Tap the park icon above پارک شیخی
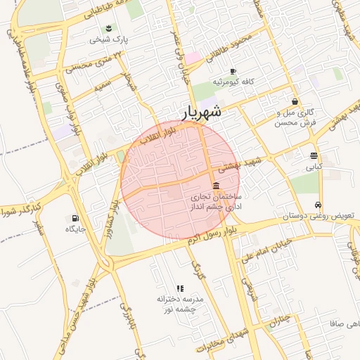pos(109,28)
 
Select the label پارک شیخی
pos(110,40)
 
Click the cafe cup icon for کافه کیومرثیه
pos(233,71)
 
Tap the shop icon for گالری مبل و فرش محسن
pos(295,101)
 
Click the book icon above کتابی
pos(313,155)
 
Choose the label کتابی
pos(313,167)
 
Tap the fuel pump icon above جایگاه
pos(75,218)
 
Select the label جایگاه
pos(75,229)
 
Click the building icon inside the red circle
pos(214,184)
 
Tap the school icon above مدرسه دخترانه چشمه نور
pos(180,288)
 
